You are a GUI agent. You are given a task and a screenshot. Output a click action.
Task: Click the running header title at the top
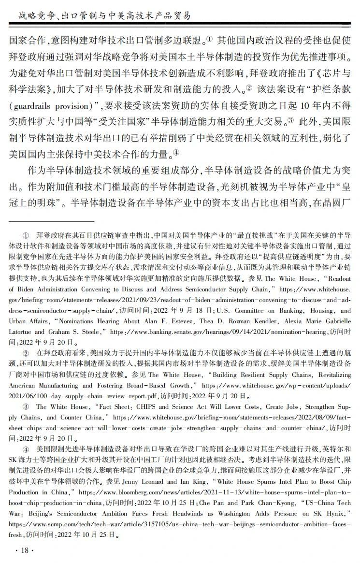104,16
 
